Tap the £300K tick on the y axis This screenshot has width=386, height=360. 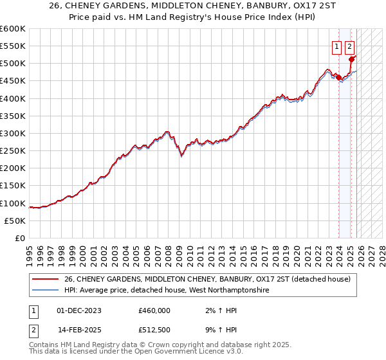pyautogui.click(x=13, y=134)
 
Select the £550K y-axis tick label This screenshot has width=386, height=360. pyautogui.click(x=13, y=46)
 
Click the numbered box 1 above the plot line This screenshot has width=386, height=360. pyautogui.click(x=336, y=46)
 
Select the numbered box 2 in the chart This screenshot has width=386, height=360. pyautogui.click(x=349, y=46)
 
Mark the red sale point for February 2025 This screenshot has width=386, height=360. pyautogui.click(x=352, y=59)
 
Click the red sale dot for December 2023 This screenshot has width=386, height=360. pyautogui.click(x=338, y=77)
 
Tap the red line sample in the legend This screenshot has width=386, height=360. pyautogui.click(x=45, y=279)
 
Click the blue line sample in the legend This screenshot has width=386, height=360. pyautogui.click(x=45, y=291)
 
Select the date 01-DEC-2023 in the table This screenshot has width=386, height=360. pyautogui.click(x=78, y=310)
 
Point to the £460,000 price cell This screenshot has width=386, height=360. pyautogui.click(x=154, y=310)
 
